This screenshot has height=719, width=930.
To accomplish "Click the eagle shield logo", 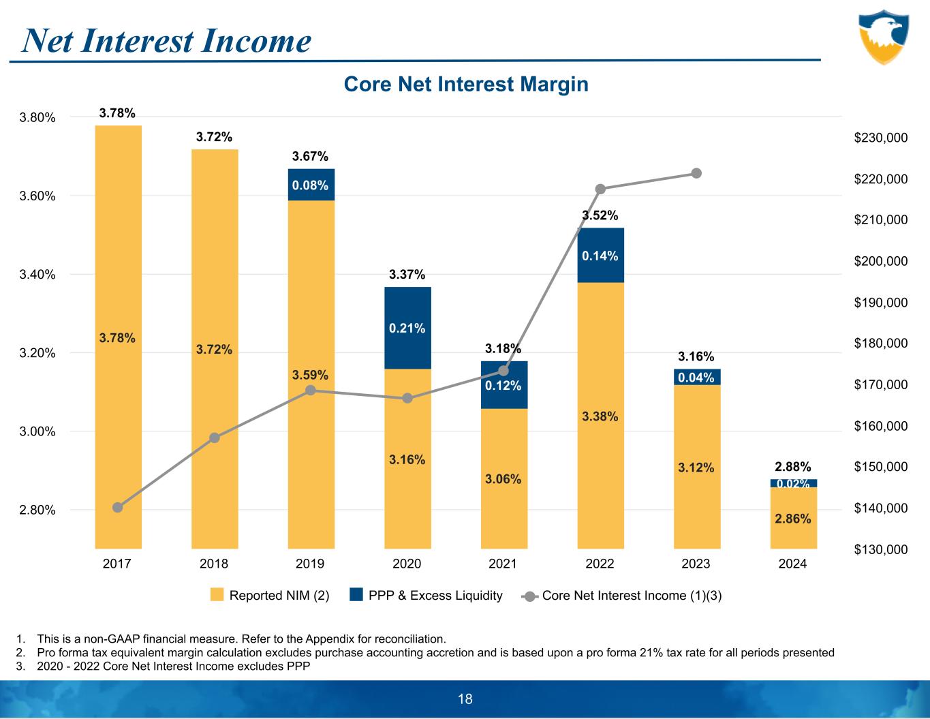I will (883, 37).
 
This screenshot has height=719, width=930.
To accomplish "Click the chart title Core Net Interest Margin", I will (466, 85).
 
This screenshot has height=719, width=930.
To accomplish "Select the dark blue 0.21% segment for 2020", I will (407, 328).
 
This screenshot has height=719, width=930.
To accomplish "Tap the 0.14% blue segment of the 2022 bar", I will (600, 256).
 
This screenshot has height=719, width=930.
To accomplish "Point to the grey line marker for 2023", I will (696, 173).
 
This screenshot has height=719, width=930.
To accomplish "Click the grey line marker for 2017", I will (117, 507).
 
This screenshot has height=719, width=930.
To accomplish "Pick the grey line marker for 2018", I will (214, 438).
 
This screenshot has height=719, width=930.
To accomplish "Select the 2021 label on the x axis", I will (503, 564).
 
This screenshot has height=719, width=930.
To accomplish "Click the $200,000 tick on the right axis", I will (880, 261).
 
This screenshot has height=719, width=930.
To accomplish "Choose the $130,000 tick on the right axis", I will (880, 549).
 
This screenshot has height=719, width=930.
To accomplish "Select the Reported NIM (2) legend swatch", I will (217, 595).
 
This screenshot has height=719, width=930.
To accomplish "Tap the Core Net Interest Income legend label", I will (632, 596).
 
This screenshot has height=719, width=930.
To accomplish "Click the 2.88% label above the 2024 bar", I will (793, 467).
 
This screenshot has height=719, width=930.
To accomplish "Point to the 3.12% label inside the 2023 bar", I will (696, 468).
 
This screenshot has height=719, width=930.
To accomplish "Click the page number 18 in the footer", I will (465, 699).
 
